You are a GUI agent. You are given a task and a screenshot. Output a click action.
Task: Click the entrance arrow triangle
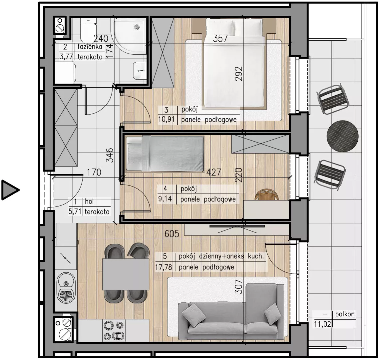click(9, 190)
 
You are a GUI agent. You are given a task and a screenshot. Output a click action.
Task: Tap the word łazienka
click(90, 47)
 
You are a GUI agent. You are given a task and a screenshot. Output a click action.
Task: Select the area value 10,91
click(166, 120)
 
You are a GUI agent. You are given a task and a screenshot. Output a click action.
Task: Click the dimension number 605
click(172, 234)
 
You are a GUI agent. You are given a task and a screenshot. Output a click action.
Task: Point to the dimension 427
click(213, 172)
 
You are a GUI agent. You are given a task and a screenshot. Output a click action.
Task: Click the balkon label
click(345, 314)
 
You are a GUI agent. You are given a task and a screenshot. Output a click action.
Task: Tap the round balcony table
click(342, 136)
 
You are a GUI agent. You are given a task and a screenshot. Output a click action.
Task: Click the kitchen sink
click(66, 287)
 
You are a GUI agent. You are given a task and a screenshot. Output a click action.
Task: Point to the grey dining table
click(126, 274)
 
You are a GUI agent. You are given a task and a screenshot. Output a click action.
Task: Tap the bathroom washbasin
click(140, 71)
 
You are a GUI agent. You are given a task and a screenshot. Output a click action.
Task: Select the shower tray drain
click(137, 27)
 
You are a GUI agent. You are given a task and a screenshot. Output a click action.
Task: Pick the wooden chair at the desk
click(266, 195)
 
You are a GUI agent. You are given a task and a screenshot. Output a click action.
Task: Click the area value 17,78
click(164, 267)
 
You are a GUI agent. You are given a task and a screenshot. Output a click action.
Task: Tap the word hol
click(89, 201)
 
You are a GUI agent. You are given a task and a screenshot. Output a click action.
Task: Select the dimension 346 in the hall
click(110, 155)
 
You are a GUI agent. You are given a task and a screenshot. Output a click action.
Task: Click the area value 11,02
click(322, 324)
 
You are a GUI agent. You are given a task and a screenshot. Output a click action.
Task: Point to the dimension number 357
click(220, 39)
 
